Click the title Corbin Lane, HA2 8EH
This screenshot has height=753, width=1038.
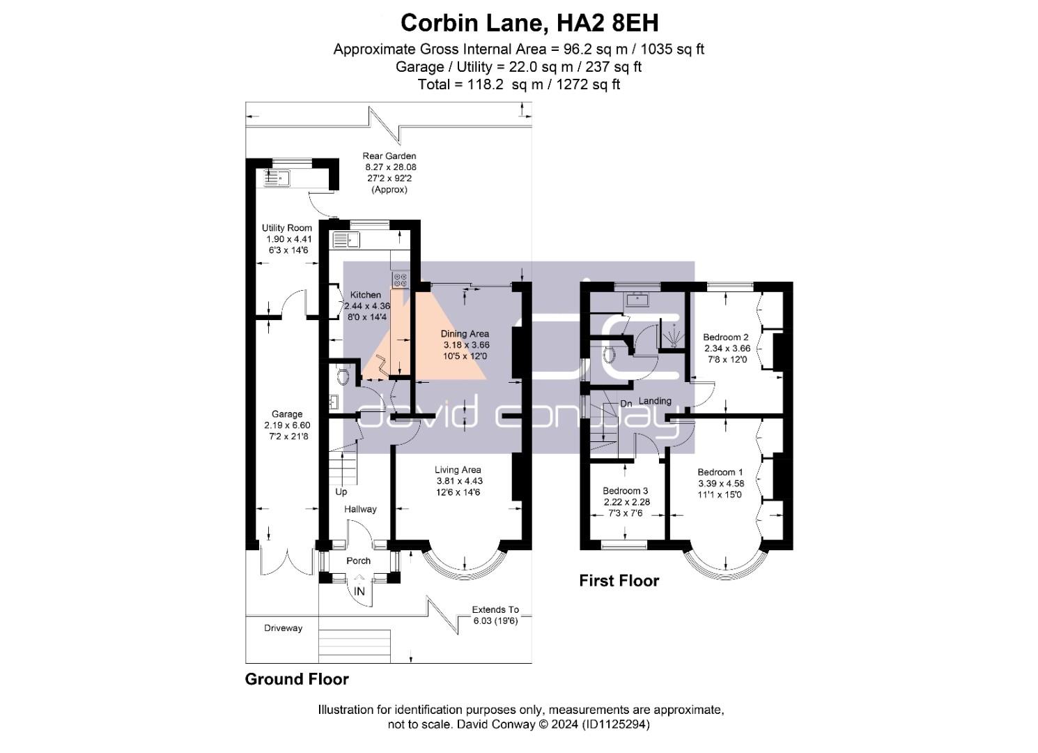tap(529, 23)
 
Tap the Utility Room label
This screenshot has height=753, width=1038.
tap(287, 228)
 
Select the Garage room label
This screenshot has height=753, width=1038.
tap(287, 414)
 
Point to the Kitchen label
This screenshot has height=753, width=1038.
tap(366, 295)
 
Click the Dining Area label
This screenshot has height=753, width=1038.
tap(465, 334)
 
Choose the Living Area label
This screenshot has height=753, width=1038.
tap(458, 470)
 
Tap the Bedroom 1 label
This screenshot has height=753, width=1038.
tap(720, 472)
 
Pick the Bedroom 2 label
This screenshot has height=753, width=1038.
tap(726, 337)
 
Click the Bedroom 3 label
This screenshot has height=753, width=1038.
tap(625, 491)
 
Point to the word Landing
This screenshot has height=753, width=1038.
tap(655, 401)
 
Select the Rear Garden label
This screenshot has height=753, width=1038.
tap(389, 156)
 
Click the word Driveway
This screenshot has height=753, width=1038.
tap(283, 628)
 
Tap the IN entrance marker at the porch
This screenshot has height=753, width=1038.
tap(359, 591)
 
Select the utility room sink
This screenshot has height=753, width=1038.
tap(276, 178)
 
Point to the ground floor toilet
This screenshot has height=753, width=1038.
tap(343, 376)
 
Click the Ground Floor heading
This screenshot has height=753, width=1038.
tap(297, 679)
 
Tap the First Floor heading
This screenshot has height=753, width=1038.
tap(619, 581)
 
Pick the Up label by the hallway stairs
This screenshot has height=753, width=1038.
tap(341, 492)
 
